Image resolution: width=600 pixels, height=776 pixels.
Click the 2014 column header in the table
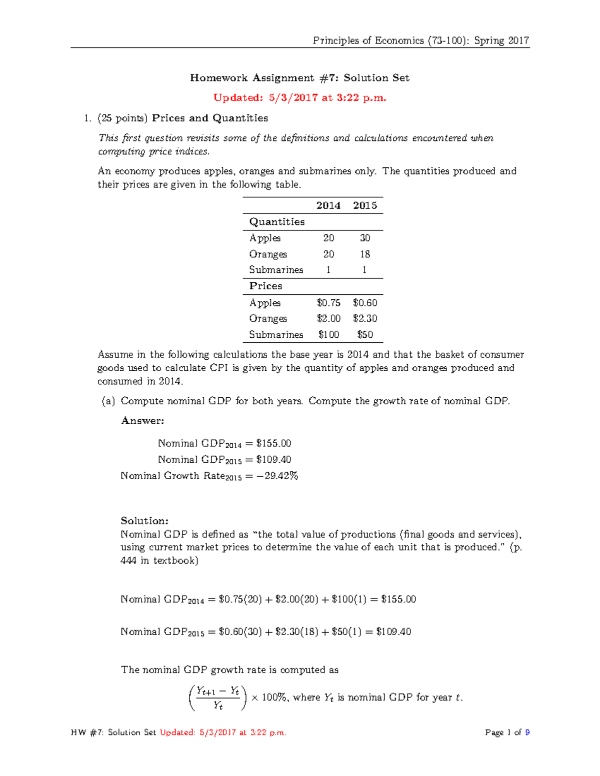click(328, 205)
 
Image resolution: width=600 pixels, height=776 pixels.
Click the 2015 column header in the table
click(365, 205)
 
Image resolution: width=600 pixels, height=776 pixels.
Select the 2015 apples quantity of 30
click(365, 238)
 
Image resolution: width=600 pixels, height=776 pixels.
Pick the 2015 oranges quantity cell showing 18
click(365, 254)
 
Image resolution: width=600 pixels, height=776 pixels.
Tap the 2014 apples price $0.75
click(328, 303)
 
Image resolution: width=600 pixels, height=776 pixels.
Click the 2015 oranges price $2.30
click(365, 318)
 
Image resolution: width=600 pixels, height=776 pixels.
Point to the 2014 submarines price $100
click(328, 334)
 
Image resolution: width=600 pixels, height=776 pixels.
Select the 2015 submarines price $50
click(365, 334)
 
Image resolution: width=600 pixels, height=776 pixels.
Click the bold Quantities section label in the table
click(276, 221)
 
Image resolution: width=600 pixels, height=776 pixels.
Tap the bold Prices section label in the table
click(265, 286)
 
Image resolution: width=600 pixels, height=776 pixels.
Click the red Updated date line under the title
click(300, 97)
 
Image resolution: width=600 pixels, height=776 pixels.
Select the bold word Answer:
click(142, 421)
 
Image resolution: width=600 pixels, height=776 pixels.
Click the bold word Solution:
click(144, 521)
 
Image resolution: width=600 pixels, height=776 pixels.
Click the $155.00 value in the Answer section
click(273, 443)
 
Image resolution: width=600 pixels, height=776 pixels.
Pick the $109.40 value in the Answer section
click(273, 459)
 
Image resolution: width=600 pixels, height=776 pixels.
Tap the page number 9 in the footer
click(527, 733)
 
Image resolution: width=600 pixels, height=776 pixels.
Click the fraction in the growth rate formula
click(217, 698)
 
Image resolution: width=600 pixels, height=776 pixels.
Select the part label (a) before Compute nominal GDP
click(108, 401)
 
